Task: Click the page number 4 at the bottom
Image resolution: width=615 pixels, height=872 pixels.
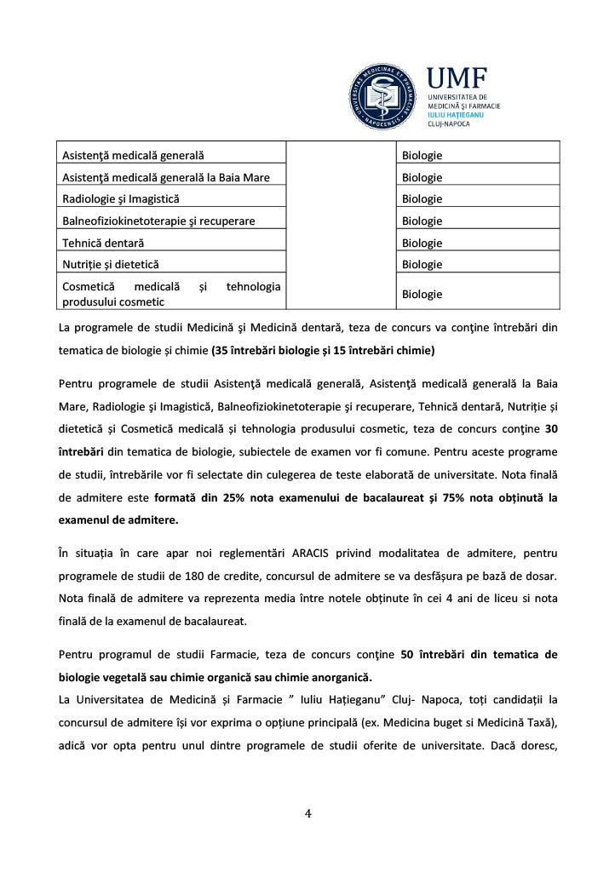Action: (x=308, y=813)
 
